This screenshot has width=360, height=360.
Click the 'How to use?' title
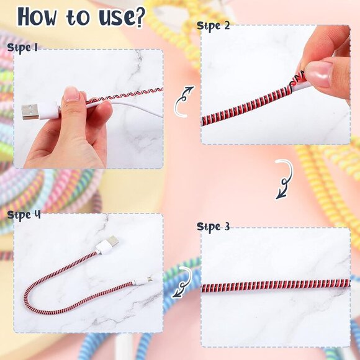tap(81, 17)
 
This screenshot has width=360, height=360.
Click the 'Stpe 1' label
tap(22, 47)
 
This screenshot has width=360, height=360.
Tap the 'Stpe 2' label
tap(214, 25)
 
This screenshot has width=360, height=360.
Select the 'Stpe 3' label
tap(214, 227)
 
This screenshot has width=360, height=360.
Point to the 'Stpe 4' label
tap(24, 215)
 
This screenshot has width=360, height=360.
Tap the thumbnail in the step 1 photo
tap(71, 94)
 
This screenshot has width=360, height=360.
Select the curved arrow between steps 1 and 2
tap(184, 101)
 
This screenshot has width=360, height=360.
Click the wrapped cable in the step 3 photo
tap(273, 284)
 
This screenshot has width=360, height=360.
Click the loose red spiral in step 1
tap(124, 95)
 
